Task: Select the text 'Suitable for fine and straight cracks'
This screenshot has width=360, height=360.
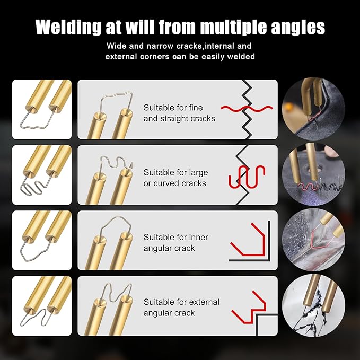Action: tap(179, 113)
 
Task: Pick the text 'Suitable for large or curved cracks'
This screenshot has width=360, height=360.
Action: tap(175, 178)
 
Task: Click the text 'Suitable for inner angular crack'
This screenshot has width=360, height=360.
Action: tap(169, 243)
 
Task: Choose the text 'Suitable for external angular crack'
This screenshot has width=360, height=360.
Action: tap(181, 308)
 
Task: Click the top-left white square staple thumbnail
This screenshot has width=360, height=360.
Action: tap(42, 109)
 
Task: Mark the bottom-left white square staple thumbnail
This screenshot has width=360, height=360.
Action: tap(42, 306)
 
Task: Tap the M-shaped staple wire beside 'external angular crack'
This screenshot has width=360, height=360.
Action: tap(113, 291)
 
